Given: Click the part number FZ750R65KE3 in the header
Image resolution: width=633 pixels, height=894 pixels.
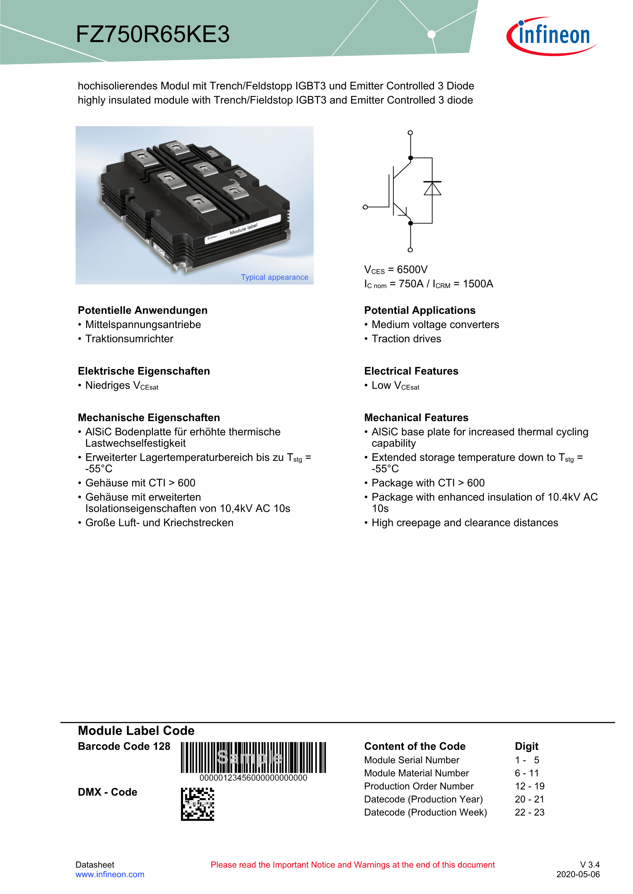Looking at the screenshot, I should point(153,34).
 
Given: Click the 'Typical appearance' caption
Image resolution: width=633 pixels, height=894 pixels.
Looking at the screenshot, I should point(274,277).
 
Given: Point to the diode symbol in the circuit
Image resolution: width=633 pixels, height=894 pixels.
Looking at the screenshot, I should point(432,189).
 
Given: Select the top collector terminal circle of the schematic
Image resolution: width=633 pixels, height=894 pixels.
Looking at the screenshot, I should point(410,133).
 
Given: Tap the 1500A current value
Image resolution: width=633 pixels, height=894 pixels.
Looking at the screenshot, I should point(478,284).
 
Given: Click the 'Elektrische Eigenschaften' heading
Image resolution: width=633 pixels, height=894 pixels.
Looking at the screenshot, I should point(144,371).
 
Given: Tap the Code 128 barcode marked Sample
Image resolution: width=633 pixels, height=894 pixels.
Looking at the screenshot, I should point(253,757).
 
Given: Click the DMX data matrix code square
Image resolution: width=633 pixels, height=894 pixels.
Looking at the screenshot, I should point(197,804).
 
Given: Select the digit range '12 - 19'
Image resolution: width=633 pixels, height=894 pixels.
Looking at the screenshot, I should point(529,786).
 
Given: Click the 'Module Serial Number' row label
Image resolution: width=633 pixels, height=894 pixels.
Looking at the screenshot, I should point(412,760).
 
